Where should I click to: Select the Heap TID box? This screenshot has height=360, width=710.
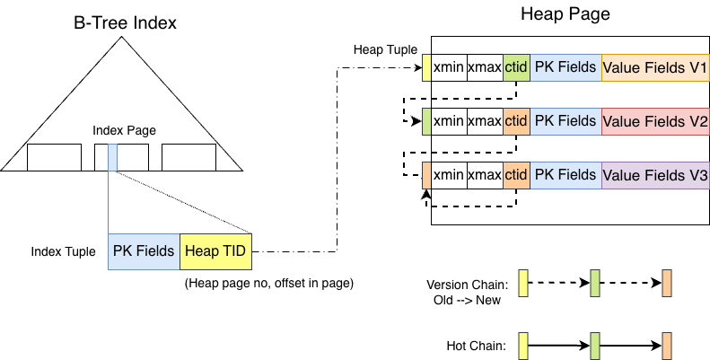click(x=216, y=251)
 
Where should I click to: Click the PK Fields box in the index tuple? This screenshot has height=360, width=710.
click(x=144, y=251)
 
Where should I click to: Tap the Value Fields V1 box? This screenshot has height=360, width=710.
click(x=655, y=68)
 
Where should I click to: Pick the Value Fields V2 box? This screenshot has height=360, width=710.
click(x=655, y=121)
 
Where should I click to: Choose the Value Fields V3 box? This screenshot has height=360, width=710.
click(x=655, y=175)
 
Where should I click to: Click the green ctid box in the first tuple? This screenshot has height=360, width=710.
click(x=516, y=68)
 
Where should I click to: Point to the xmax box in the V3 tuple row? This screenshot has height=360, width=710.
click(x=485, y=175)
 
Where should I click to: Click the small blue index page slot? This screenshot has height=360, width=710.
click(x=112, y=157)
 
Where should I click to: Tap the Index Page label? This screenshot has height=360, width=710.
click(x=124, y=131)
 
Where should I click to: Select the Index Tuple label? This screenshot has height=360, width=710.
click(x=63, y=251)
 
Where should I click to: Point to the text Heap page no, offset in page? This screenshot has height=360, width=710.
click(x=268, y=284)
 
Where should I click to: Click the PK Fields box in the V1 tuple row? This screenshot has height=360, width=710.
click(x=565, y=68)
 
